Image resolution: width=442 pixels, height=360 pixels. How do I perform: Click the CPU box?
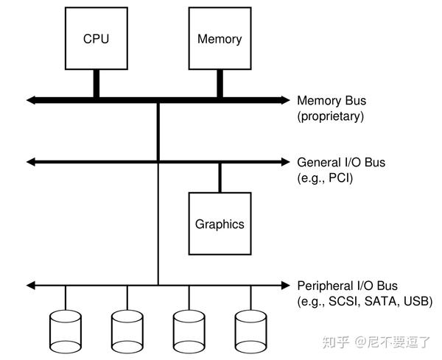[x=96, y=38]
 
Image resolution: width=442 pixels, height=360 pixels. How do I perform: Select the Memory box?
[x=220, y=38]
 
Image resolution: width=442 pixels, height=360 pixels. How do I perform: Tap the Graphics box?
[x=220, y=224]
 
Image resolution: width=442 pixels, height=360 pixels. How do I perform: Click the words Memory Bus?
[x=331, y=100]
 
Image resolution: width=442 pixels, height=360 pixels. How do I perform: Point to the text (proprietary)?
[x=331, y=116]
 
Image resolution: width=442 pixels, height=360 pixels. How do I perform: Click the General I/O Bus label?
[x=341, y=162]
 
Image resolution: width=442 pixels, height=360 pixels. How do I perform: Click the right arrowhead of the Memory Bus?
[x=287, y=99]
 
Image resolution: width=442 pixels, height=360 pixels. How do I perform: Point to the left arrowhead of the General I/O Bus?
[x=30, y=161]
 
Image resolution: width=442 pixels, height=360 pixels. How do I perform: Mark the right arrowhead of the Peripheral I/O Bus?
[x=287, y=284]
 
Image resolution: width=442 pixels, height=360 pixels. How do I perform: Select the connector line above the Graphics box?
[x=220, y=177]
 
